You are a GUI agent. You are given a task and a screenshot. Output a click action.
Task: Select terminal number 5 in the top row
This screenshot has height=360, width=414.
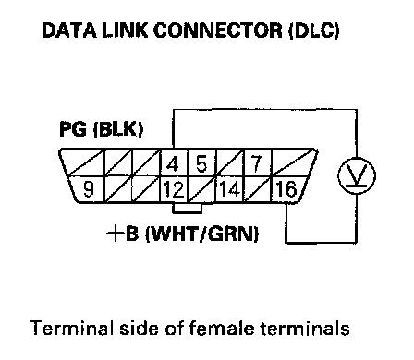201,163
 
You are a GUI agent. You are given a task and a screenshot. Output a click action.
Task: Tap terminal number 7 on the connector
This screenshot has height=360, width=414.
257,163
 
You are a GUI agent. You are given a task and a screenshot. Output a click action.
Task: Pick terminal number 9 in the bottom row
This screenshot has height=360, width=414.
89,189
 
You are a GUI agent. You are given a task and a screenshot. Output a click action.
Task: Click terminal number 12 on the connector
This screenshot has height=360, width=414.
174,189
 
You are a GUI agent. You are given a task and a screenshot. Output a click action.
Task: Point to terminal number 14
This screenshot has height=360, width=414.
229,189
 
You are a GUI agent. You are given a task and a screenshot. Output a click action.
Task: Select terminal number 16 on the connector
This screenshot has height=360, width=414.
286,189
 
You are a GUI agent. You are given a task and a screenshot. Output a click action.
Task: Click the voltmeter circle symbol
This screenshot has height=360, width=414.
357,175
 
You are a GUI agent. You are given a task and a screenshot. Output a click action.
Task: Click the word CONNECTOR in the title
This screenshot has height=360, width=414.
217,30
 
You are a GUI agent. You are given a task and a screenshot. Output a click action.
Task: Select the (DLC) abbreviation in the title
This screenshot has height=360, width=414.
314,30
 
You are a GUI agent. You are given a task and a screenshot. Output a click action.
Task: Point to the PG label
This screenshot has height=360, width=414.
73,128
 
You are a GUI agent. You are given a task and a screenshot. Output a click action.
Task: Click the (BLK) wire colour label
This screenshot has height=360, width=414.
118,129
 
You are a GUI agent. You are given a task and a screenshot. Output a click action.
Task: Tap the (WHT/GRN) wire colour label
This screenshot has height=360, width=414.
201,234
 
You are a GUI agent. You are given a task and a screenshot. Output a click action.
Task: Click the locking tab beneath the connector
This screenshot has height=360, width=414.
188,208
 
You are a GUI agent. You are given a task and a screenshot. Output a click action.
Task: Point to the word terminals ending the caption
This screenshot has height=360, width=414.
305,328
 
